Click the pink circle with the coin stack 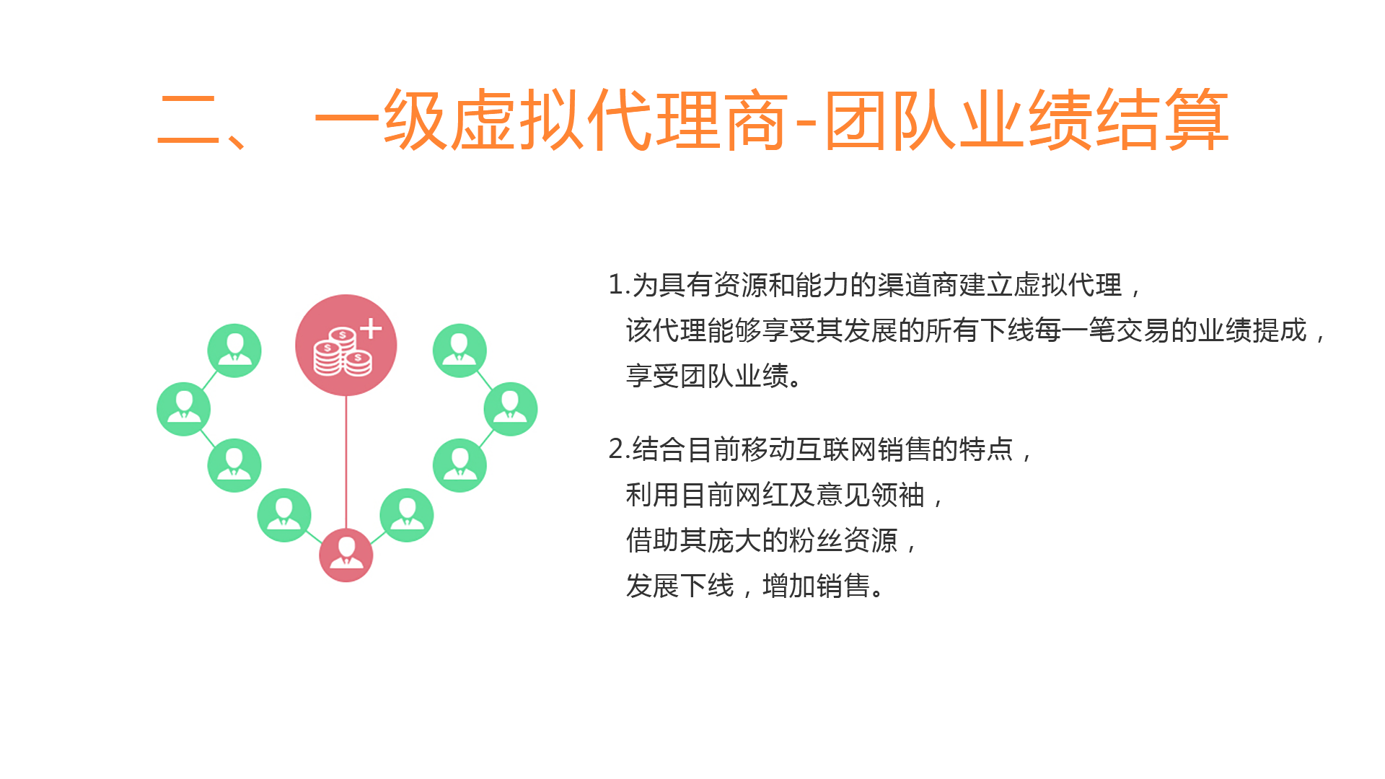(x=346, y=345)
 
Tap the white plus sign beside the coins (x=371, y=329)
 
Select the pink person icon (x=346, y=555)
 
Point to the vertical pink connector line (x=346, y=462)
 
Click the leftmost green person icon (x=184, y=409)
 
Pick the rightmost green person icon (x=511, y=409)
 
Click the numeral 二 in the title (x=189, y=120)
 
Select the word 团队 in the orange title (x=891, y=120)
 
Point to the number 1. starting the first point (x=620, y=285)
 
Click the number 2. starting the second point (x=620, y=449)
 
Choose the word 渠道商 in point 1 (x=918, y=285)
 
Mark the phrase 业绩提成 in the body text (x=1252, y=330)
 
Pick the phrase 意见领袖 (x=870, y=495)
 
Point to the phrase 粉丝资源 (x=843, y=540)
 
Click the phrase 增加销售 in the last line (x=816, y=586)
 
